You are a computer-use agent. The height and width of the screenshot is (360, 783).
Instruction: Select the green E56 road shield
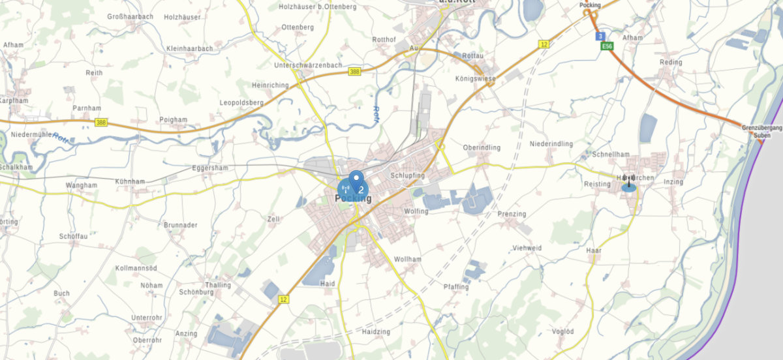point(607,46)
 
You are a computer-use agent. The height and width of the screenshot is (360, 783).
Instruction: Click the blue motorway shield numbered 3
point(600,37)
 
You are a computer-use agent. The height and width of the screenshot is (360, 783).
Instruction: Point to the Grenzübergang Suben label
point(761,132)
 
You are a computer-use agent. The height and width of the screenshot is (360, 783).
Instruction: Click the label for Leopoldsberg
point(241,103)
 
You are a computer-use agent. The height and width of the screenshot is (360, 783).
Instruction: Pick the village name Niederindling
point(551,143)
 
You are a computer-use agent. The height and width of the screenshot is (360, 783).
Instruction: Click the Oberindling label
point(482,147)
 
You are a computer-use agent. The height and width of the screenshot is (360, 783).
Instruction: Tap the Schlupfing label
point(407,176)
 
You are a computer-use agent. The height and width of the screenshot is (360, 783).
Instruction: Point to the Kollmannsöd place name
point(136,269)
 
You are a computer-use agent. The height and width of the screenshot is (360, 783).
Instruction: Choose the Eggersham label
point(210,168)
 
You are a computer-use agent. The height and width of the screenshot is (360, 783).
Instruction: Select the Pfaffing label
point(456,287)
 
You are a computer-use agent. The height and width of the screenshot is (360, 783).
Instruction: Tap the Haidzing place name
point(376,332)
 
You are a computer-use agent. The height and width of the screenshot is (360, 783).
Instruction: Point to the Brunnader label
point(181,225)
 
